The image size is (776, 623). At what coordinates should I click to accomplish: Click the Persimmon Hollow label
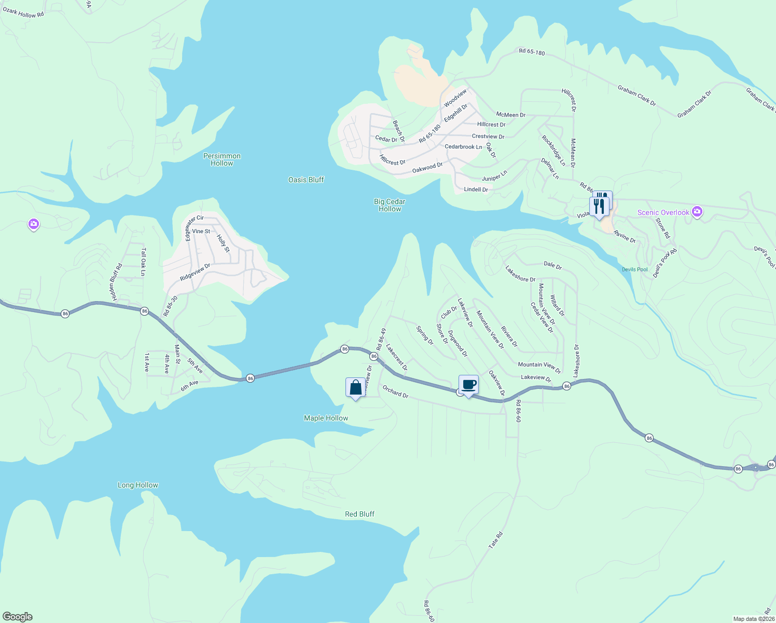pyautogui.click(x=222, y=159)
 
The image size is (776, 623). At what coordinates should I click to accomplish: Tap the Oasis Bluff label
pyautogui.click(x=306, y=180)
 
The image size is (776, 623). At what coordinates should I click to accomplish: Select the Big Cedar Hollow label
pyautogui.click(x=390, y=205)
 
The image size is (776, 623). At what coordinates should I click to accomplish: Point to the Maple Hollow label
pyautogui.click(x=326, y=418)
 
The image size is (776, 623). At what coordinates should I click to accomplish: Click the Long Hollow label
pyautogui.click(x=138, y=485)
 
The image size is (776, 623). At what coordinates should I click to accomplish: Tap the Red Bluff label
pyautogui.click(x=359, y=514)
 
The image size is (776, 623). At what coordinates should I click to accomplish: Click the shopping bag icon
pyautogui.click(x=355, y=387)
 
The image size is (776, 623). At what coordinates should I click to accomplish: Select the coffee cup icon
pyautogui.click(x=468, y=385)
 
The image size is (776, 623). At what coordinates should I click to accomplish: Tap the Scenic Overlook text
pyautogui.click(x=663, y=212)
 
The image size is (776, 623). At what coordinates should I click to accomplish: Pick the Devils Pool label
pyautogui.click(x=635, y=269)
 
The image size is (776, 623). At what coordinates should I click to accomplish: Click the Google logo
pyautogui.click(x=18, y=617)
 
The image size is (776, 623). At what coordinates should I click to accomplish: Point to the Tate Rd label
pyautogui.click(x=496, y=540)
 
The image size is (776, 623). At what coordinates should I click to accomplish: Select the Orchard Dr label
pyautogui.click(x=395, y=391)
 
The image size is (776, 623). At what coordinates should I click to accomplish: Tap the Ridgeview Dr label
pyautogui.click(x=195, y=273)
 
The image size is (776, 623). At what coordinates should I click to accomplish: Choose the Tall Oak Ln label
pyautogui.click(x=143, y=262)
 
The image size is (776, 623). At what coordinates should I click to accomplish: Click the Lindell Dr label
pyautogui.click(x=476, y=189)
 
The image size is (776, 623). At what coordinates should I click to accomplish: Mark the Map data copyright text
pyautogui.click(x=753, y=619)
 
